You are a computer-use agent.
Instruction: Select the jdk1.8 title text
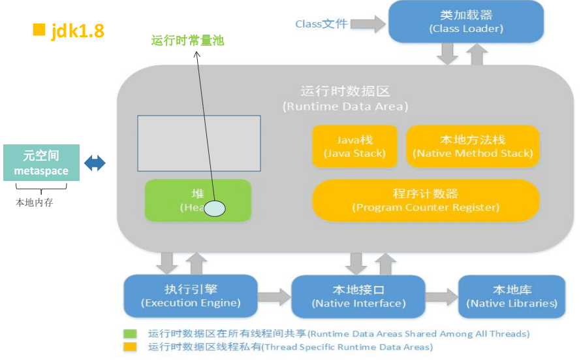point(78,31)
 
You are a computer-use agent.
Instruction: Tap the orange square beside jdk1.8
point(39,29)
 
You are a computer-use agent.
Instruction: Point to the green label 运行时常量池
point(187,41)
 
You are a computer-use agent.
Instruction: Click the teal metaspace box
point(41,163)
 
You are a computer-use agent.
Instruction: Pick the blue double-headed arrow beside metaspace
point(95,163)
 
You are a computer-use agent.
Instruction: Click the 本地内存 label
point(34,203)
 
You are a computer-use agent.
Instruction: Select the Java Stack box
point(354,147)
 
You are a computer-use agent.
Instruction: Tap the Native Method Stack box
point(473,147)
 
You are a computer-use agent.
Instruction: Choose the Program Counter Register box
point(426,200)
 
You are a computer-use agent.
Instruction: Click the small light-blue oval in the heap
point(215,208)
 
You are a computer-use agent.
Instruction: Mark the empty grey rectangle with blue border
point(198,142)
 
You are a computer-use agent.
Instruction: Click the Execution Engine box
point(191,296)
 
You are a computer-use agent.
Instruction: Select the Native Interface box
point(358,297)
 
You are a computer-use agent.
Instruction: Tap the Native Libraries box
point(512,297)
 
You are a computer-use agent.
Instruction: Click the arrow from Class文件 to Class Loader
point(370,24)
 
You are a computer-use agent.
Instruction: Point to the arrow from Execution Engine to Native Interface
point(274,297)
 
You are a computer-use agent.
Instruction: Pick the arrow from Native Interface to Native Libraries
point(443,297)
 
